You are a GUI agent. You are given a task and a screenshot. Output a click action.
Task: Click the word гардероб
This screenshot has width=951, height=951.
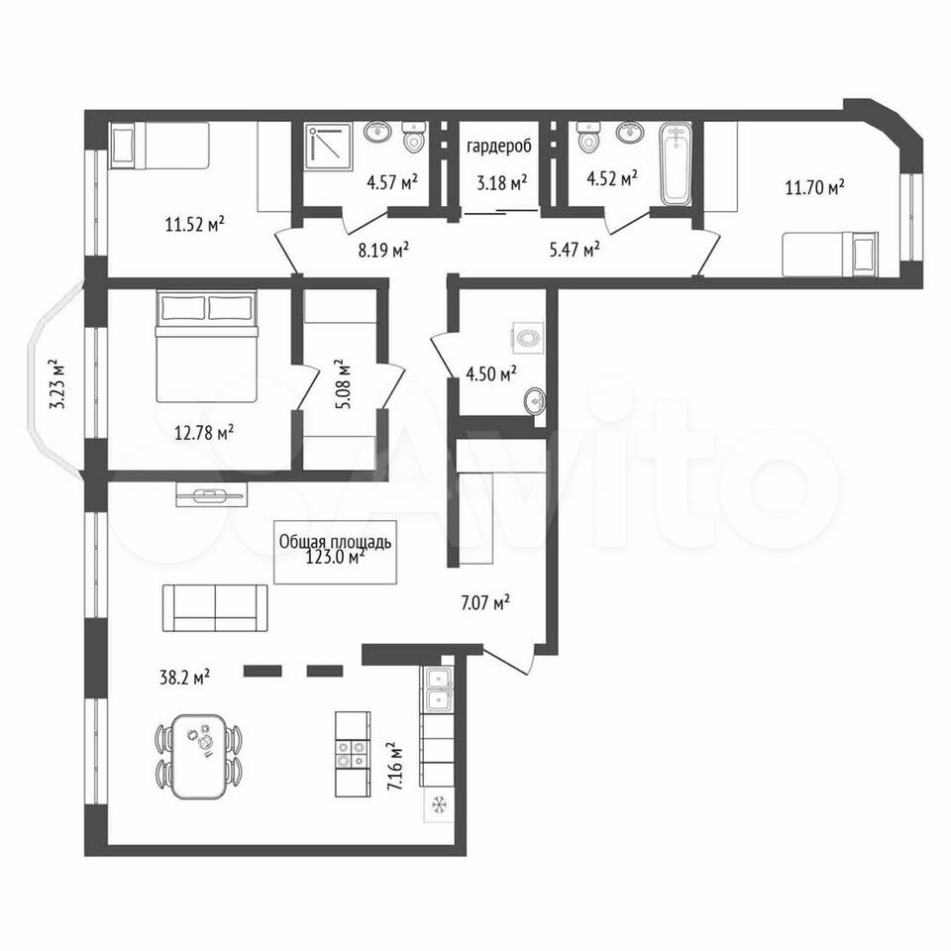[x=499, y=147]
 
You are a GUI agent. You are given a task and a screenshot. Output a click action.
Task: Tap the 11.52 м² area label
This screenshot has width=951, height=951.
[x=195, y=225]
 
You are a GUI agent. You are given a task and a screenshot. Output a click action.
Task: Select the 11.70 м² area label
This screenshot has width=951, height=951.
[x=815, y=187]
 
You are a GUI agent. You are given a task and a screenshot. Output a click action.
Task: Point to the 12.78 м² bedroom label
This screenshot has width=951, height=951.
[x=204, y=433]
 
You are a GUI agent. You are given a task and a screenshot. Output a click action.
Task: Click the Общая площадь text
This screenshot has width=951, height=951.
[x=335, y=542]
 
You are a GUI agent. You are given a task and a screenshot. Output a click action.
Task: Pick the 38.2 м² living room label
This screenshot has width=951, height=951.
[x=185, y=677]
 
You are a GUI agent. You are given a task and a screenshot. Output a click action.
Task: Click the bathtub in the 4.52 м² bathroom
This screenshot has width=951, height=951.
[x=675, y=164]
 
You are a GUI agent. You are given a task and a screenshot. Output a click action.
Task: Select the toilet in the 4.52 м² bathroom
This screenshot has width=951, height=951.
[x=587, y=137]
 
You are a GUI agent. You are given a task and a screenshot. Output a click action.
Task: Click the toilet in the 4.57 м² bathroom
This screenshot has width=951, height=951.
[x=415, y=137]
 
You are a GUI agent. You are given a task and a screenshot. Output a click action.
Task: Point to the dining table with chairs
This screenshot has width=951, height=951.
[x=200, y=756]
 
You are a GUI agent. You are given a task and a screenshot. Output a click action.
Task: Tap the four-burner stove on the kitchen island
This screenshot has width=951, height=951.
[x=353, y=754]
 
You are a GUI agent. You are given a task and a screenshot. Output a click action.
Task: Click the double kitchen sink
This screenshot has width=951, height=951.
[x=439, y=689]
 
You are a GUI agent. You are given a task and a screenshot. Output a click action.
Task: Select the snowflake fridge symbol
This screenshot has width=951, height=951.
[x=439, y=804]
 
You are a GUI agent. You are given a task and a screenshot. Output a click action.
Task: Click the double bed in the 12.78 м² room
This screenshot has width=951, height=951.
[x=207, y=346]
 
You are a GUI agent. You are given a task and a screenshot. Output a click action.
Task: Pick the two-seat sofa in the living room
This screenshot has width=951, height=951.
[x=215, y=608]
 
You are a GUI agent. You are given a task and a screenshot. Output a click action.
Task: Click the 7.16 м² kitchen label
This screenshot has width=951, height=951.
[x=395, y=767]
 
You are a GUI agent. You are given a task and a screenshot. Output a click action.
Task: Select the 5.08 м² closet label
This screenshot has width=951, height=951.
[x=342, y=384]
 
